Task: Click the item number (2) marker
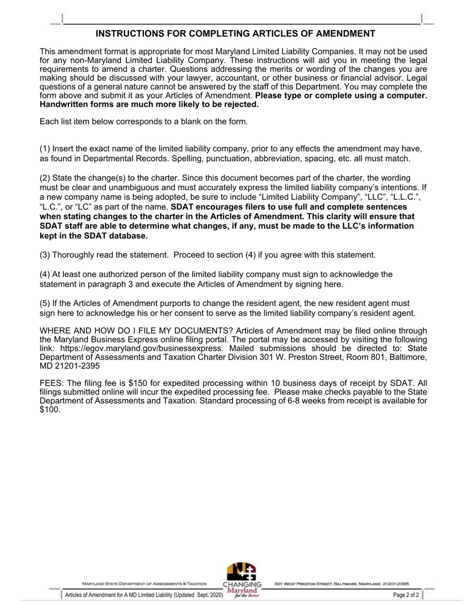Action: click(x=45, y=178)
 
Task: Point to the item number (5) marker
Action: click(x=45, y=303)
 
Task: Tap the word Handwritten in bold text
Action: click(x=62, y=105)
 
